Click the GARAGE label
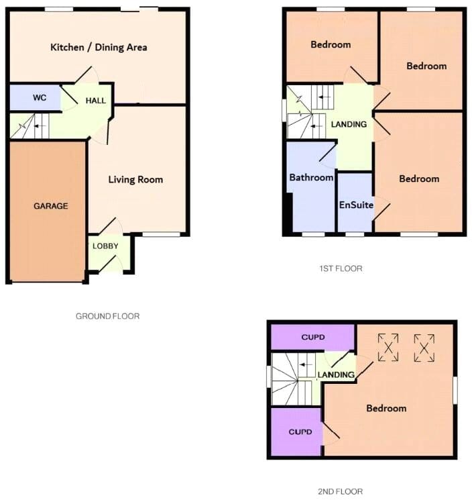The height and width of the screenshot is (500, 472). (x=51, y=206)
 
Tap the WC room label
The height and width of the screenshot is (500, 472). (x=40, y=97)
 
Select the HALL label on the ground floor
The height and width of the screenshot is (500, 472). (x=96, y=101)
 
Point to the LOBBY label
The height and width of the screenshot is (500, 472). (x=105, y=246)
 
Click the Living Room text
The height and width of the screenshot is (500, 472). (x=135, y=179)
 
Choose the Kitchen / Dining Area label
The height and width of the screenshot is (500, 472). (x=99, y=48)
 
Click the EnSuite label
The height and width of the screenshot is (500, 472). (x=356, y=205)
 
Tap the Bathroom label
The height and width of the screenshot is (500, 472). (x=311, y=177)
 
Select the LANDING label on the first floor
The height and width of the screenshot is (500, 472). (x=349, y=124)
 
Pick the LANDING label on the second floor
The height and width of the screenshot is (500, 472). (x=336, y=375)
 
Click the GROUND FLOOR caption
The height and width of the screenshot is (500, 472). (x=108, y=316)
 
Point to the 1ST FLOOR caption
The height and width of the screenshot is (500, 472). (x=341, y=268)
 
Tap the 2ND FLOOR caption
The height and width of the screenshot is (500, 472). (x=340, y=492)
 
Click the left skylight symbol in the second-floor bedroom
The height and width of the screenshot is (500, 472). (x=388, y=348)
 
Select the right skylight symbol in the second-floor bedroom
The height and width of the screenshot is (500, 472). (x=424, y=348)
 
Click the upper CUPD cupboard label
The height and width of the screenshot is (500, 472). (x=313, y=337)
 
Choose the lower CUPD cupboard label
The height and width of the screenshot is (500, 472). (x=300, y=432)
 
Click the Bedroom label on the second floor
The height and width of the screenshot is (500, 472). (x=386, y=408)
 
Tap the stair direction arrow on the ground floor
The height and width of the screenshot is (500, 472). (x=40, y=126)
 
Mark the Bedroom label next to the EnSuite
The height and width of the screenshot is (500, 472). (x=419, y=179)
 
